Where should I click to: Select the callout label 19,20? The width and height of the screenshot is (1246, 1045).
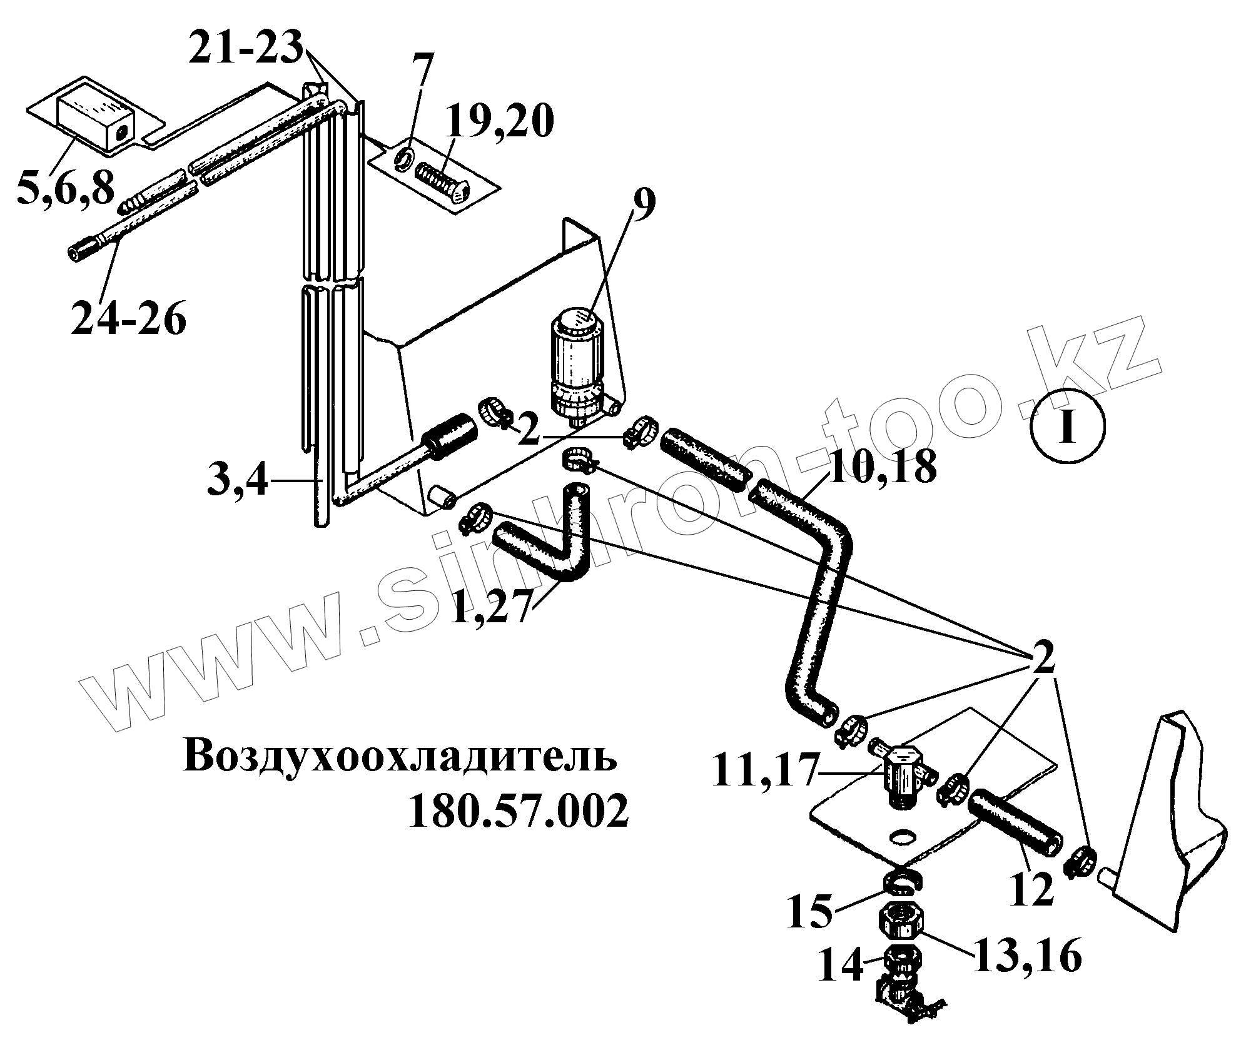tap(499, 122)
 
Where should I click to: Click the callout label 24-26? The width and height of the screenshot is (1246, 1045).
tap(128, 319)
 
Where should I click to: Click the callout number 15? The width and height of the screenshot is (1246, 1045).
tap(809, 913)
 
